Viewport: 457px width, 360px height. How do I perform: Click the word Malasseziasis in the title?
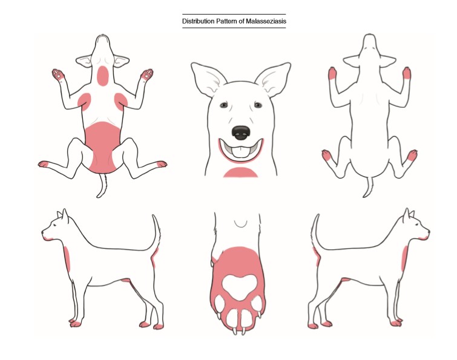266,21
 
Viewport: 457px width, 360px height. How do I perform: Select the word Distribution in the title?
198,21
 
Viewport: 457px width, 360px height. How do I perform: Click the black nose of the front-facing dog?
241,133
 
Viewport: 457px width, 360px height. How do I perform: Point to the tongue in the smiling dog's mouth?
241,152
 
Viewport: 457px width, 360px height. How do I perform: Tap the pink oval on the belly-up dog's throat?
102,76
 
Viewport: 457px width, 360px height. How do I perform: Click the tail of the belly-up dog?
102,186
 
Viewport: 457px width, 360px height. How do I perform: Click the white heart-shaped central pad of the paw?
240,287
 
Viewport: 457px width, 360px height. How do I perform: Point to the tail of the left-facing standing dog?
156,232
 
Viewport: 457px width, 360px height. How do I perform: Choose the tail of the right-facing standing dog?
315,232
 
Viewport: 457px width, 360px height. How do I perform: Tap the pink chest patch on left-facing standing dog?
67,259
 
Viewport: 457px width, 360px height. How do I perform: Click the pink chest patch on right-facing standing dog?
404,258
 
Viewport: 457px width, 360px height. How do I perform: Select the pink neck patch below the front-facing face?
240,172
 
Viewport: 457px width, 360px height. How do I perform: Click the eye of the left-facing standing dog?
55,225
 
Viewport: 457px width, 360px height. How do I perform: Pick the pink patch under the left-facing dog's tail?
154,258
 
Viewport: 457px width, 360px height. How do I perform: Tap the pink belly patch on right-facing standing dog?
346,280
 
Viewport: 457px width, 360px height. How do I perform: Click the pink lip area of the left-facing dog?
48,239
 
